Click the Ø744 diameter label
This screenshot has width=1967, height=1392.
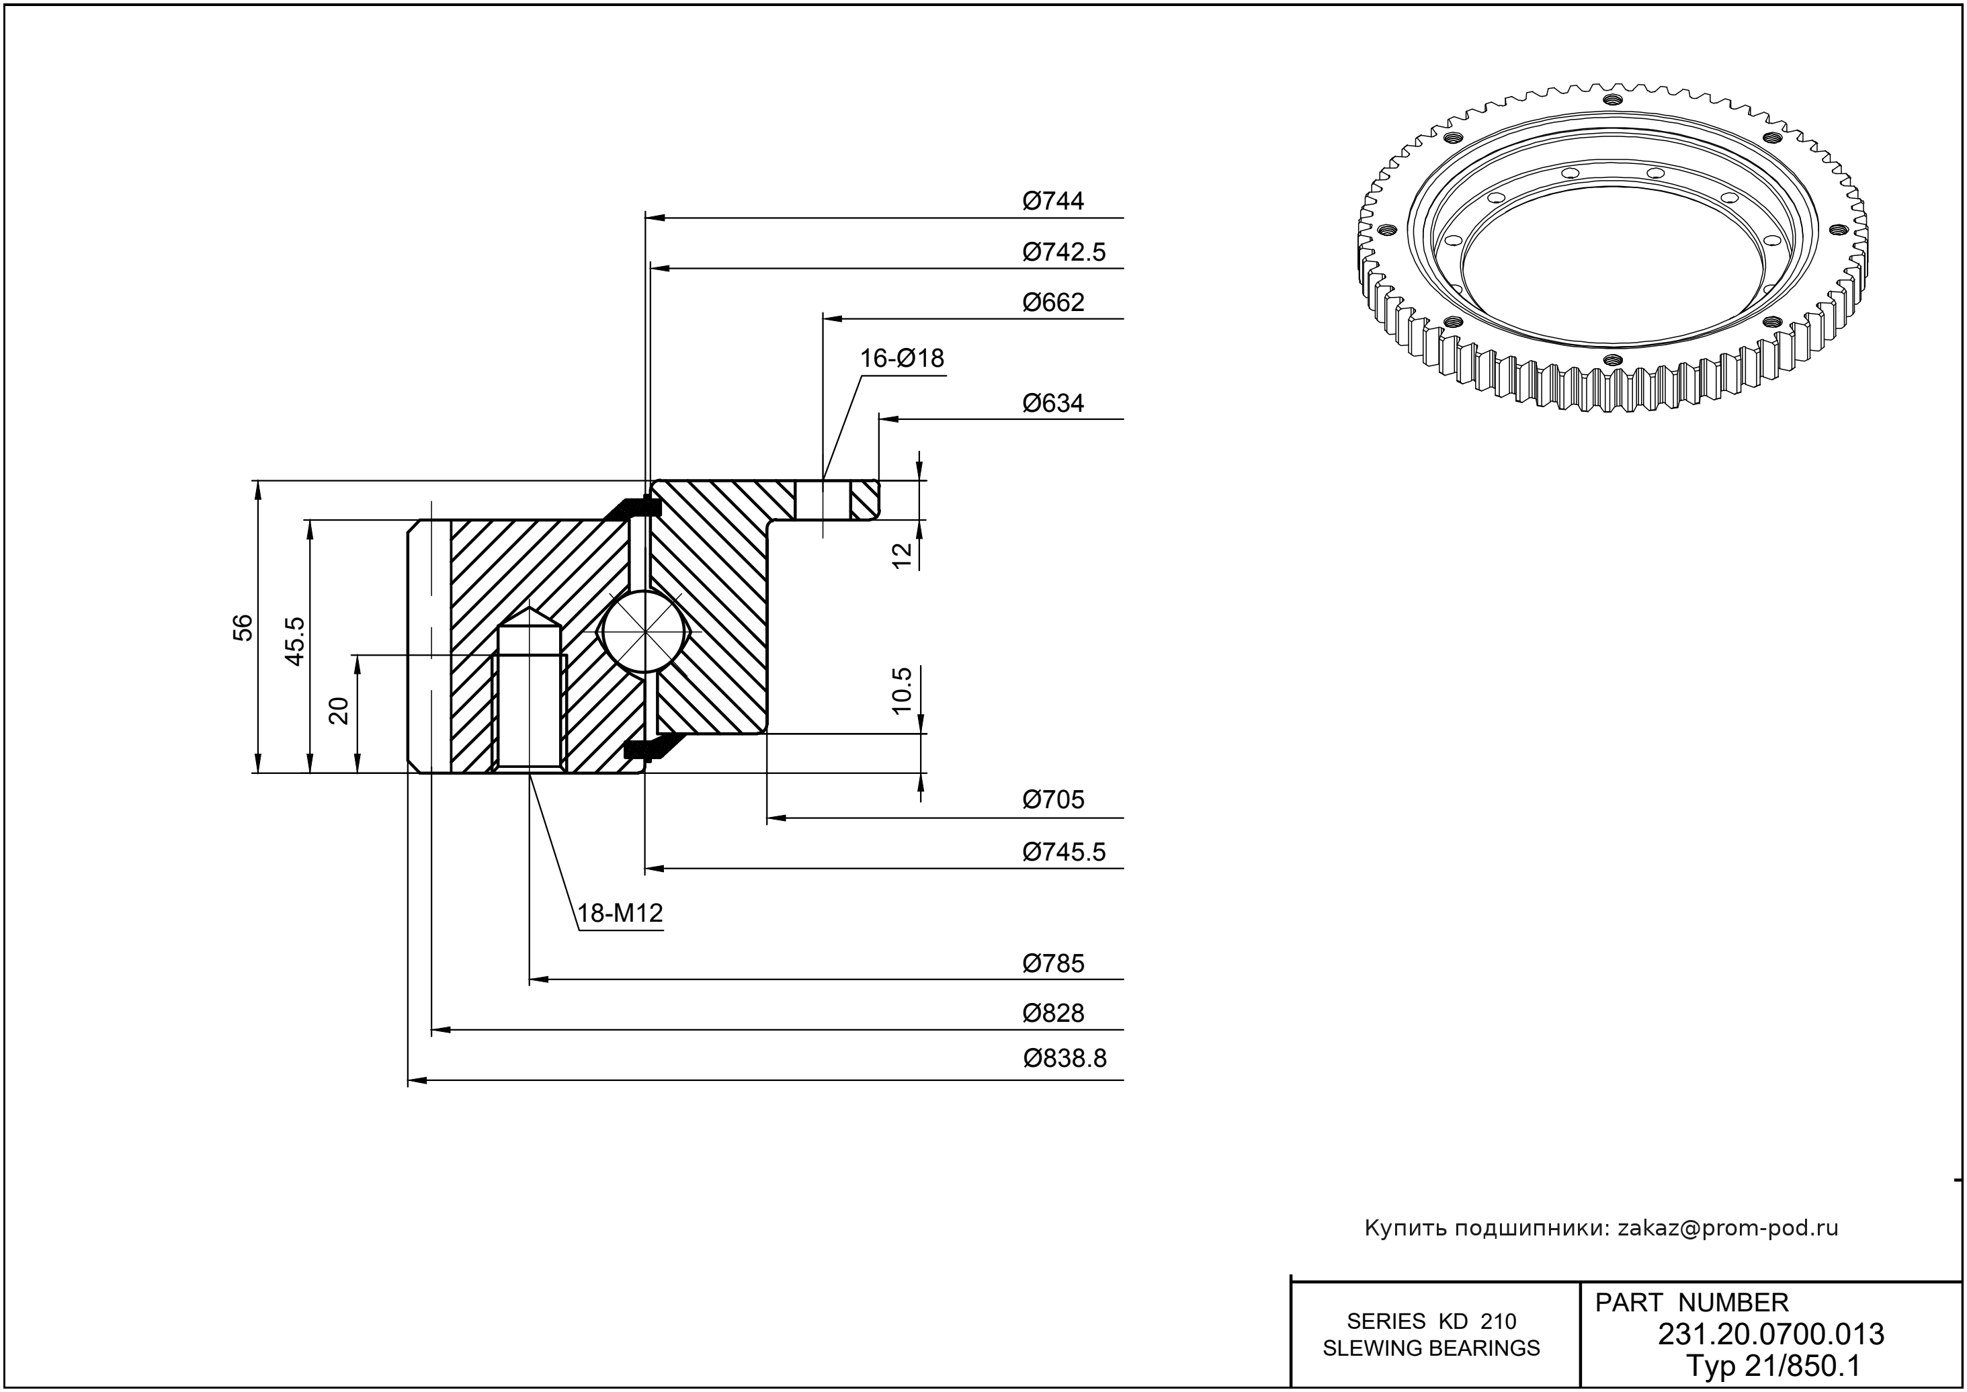click(1053, 202)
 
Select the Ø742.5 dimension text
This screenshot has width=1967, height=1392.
click(1063, 253)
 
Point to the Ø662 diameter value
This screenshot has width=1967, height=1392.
click(1053, 302)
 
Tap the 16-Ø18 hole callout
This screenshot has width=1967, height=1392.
click(902, 358)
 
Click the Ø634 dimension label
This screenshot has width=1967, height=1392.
click(1053, 404)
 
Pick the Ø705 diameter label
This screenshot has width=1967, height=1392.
click(1053, 799)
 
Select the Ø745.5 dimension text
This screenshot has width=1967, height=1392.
click(1063, 852)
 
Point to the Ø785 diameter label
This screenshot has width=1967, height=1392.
click(1053, 963)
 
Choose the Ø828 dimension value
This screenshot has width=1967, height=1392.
click(1053, 1013)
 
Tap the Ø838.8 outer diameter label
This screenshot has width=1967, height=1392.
click(1064, 1059)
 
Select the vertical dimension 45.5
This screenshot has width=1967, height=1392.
click(295, 641)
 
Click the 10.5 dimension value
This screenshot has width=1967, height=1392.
click(902, 690)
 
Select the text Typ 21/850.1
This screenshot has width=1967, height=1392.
click(1771, 1364)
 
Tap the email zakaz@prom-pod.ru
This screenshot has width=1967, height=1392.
click(1727, 1228)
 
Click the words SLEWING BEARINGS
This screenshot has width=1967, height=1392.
click(1431, 1348)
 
